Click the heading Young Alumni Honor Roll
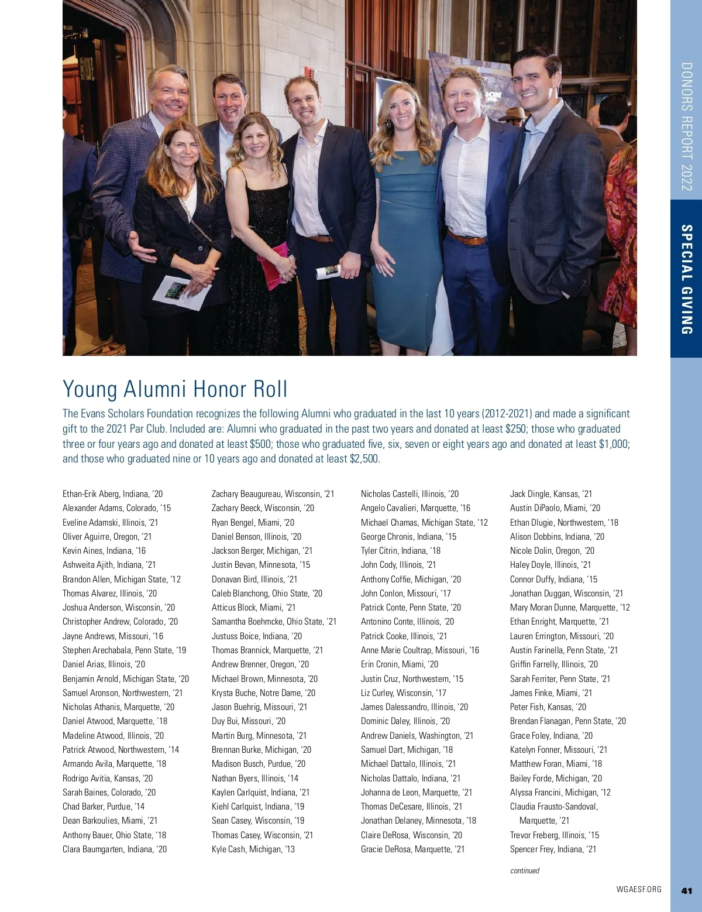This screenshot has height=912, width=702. click(x=175, y=389)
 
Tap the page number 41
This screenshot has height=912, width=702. click(x=687, y=890)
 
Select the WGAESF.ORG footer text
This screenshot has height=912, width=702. click(x=639, y=889)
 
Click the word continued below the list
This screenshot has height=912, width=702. click(x=525, y=870)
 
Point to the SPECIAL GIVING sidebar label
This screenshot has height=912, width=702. click(x=687, y=279)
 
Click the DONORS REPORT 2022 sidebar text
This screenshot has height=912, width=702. click(x=687, y=126)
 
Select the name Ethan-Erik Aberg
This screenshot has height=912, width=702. click(x=91, y=494)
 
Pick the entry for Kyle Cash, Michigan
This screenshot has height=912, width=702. click(x=253, y=849)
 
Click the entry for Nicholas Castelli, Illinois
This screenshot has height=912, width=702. click(x=409, y=494)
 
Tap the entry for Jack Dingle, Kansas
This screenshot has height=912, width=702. click(x=551, y=494)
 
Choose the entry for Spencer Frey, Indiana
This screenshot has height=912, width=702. click(x=553, y=849)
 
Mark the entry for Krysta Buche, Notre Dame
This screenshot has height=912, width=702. click(x=263, y=693)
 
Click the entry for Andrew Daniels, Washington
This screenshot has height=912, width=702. click(x=417, y=736)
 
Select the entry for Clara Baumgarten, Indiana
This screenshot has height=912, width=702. click(x=115, y=849)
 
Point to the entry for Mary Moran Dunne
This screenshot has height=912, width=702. click(x=570, y=608)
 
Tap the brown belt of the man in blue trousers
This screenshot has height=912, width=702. click(x=466, y=238)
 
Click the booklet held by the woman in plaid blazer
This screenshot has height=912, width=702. click(x=181, y=293)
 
